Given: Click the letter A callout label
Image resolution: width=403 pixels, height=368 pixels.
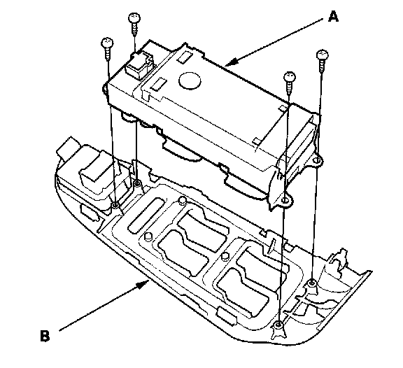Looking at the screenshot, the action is tap(333, 17).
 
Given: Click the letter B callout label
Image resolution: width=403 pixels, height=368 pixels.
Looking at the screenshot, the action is tap(45, 335).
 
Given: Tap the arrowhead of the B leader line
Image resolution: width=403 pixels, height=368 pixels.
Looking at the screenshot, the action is tap(143, 285).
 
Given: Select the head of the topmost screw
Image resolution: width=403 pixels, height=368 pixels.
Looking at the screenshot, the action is tap(134, 18).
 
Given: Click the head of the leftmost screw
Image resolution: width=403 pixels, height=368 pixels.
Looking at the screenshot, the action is tap(107, 42).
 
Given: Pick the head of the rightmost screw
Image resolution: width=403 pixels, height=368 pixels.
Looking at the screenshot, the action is tap(323, 55).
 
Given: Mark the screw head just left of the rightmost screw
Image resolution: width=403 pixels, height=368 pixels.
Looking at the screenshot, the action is tap(290, 77).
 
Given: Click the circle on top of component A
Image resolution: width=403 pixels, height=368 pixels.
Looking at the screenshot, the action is tap(190, 80).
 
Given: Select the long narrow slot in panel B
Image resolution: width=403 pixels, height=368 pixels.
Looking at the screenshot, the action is tap(146, 215).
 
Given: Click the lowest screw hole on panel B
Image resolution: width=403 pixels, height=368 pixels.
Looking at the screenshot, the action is tap(278, 325).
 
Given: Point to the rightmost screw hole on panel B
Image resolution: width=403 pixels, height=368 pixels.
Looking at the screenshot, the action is tap(312, 283).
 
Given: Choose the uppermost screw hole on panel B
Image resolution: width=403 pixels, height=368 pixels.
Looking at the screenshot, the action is tap(137, 183).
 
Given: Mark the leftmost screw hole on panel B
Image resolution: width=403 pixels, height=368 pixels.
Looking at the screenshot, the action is tap(115, 205).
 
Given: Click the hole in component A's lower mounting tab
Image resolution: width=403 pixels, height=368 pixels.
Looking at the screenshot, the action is tap(285, 200).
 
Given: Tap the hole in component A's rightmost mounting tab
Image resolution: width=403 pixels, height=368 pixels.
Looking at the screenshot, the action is tap(318, 160).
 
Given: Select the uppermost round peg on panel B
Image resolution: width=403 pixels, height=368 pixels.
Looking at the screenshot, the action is tap(182, 199).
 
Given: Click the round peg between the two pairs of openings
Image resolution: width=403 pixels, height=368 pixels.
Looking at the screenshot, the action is tap(225, 256).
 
